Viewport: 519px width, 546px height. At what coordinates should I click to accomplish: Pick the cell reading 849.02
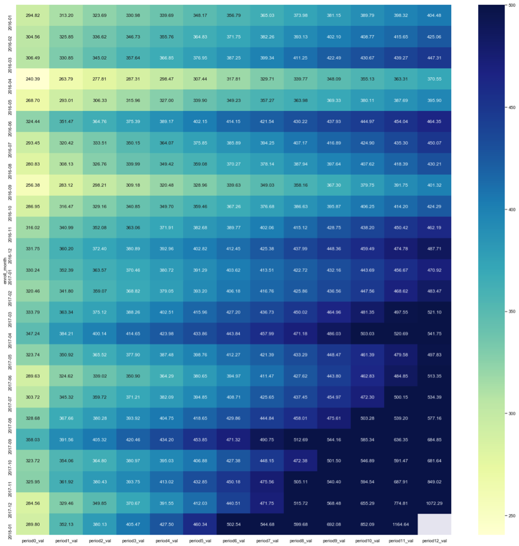434,481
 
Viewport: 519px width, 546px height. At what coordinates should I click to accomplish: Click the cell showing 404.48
434,15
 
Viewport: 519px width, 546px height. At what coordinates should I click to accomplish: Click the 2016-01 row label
9,15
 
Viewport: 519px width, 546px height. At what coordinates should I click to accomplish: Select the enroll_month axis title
3,270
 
